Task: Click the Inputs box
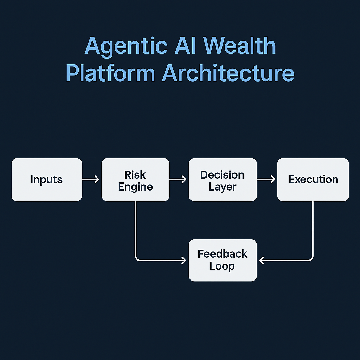click(x=47, y=180)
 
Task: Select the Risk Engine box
click(x=135, y=180)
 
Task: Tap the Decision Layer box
click(x=223, y=180)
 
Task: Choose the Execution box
click(x=313, y=180)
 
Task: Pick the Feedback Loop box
click(x=223, y=260)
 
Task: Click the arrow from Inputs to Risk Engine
click(x=91, y=180)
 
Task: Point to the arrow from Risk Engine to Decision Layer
click(x=178, y=180)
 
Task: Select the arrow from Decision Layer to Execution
click(x=266, y=180)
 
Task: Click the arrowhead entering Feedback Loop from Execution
click(x=262, y=261)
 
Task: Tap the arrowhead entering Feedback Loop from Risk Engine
click(x=184, y=261)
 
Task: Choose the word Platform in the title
click(x=110, y=74)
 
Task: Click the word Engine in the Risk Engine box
click(x=135, y=186)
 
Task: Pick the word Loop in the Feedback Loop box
click(x=222, y=266)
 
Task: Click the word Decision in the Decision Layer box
click(x=222, y=174)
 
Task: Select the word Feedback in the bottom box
click(x=223, y=254)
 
